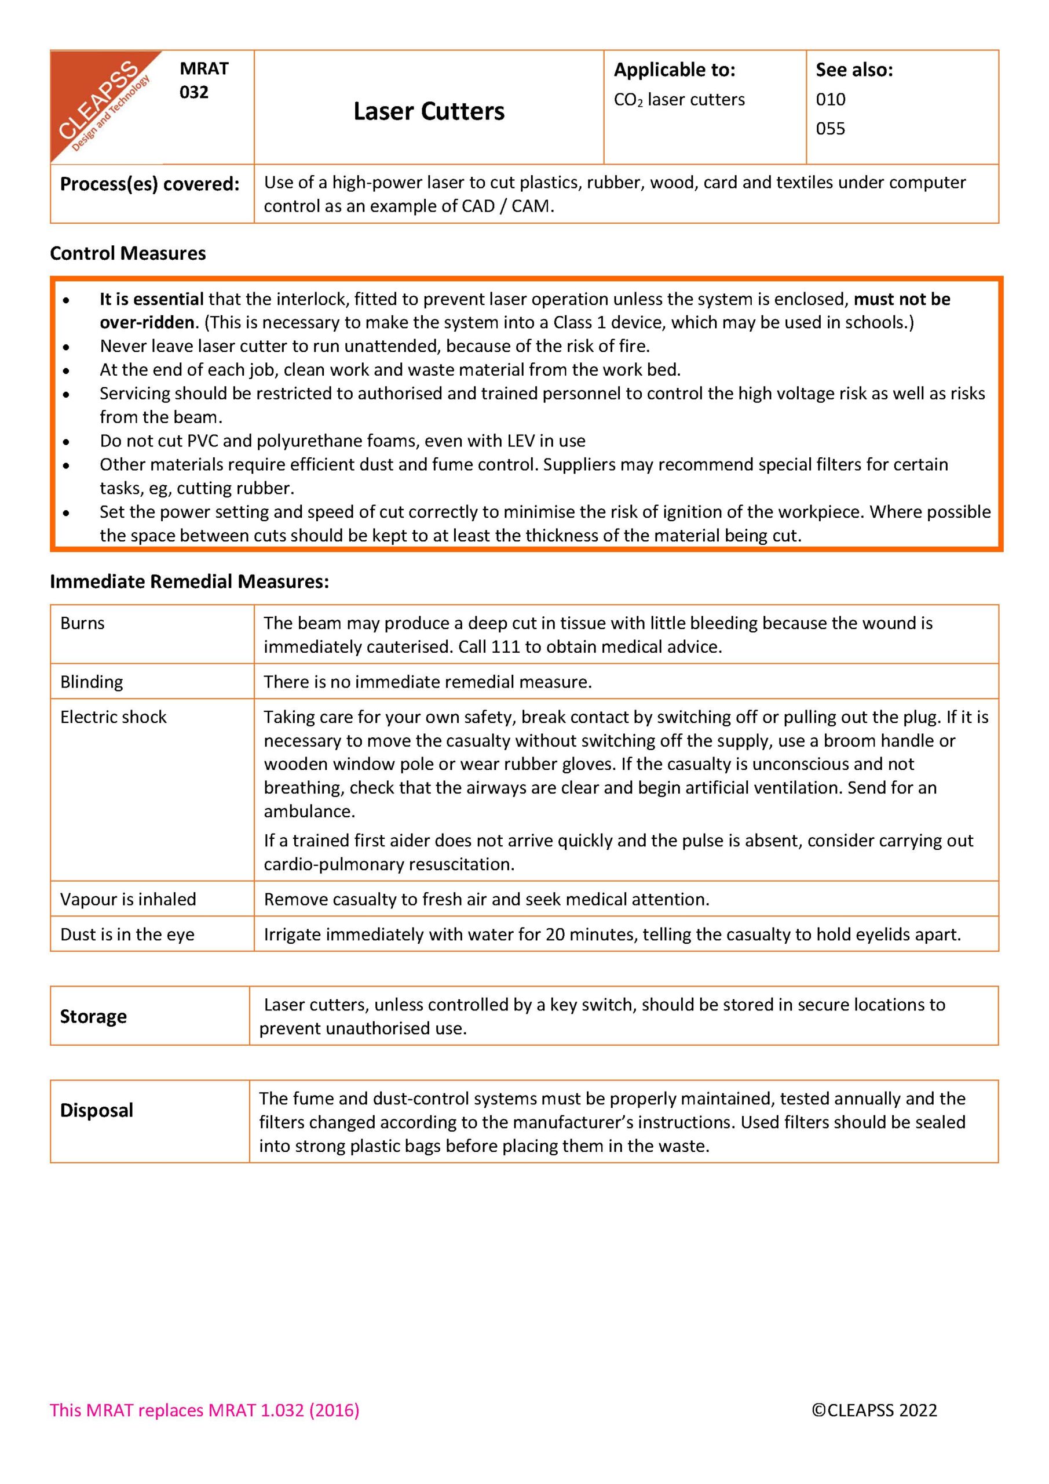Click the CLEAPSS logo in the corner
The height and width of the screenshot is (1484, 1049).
pyautogui.click(x=103, y=103)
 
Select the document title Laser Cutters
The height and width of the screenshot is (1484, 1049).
pyautogui.click(x=429, y=111)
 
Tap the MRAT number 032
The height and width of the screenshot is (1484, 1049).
pyautogui.click(x=194, y=92)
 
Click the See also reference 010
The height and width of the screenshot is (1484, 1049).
pyautogui.click(x=830, y=100)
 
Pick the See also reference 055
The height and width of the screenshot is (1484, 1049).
pyautogui.click(x=830, y=129)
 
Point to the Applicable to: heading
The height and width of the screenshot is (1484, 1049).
pyautogui.click(x=674, y=70)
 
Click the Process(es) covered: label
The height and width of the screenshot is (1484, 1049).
pyautogui.click(x=150, y=184)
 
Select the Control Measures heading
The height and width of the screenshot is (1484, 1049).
pyautogui.click(x=128, y=253)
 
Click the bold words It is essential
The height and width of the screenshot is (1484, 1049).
pyautogui.click(x=152, y=299)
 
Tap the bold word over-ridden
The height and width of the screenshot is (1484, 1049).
pyautogui.click(x=147, y=322)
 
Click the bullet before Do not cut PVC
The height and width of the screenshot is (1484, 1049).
pyautogui.click(x=67, y=442)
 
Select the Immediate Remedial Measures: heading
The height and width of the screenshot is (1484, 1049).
pyautogui.click(x=189, y=581)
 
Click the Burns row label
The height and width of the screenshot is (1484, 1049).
pyautogui.click(x=82, y=623)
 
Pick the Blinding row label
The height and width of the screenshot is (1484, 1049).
pyautogui.click(x=91, y=682)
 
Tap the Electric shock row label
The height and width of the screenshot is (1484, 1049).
pyautogui.click(x=113, y=717)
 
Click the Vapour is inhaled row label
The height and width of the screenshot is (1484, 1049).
pyautogui.click(x=128, y=899)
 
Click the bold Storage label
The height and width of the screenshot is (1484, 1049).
pyautogui.click(x=93, y=1017)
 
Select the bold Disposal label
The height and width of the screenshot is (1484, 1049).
pyautogui.click(x=96, y=1111)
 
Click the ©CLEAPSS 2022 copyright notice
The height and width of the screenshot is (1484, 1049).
pyautogui.click(x=874, y=1410)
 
